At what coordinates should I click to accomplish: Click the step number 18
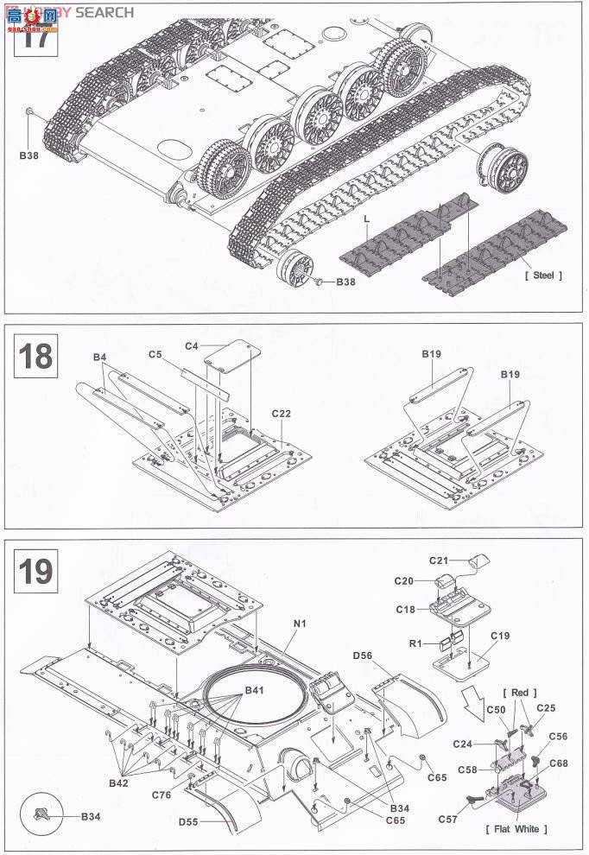(35, 356)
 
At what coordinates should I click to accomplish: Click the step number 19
(35, 572)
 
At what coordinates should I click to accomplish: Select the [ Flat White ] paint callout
(516, 829)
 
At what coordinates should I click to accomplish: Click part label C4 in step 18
(192, 345)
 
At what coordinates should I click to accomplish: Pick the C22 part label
(281, 414)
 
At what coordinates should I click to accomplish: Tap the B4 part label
(100, 357)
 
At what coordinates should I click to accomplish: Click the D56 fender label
(362, 656)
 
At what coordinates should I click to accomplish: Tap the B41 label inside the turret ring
(255, 691)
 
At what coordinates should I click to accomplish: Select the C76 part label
(161, 794)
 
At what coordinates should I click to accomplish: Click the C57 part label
(449, 818)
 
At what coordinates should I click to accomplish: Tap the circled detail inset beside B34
(43, 814)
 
